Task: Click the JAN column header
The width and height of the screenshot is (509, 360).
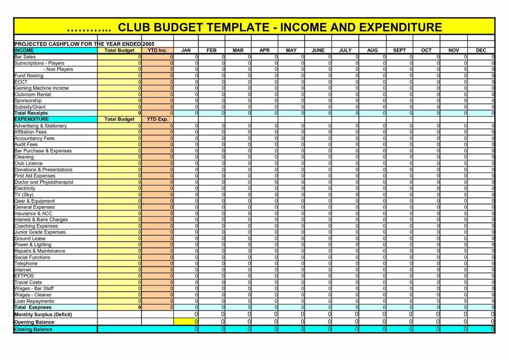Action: tap(186, 50)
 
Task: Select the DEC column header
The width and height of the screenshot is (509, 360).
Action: tap(481, 50)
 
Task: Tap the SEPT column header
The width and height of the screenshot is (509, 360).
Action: tap(399, 50)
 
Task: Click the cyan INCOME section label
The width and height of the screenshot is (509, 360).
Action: tap(24, 50)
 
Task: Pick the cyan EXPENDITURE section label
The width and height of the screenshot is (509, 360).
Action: tap(32, 119)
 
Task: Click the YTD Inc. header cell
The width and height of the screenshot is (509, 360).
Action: tap(157, 50)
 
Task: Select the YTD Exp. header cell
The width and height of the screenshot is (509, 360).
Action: tap(157, 119)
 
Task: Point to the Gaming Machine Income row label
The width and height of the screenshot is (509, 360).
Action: tap(41, 88)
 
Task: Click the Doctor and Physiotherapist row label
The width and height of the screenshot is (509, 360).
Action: tap(44, 182)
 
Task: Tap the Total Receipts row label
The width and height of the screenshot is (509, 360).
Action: tap(31, 113)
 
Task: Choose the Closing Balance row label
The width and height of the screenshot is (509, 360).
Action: tap(33, 330)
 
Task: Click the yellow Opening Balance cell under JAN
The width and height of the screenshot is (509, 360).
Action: tap(186, 322)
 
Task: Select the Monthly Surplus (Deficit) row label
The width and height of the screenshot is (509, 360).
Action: tap(43, 314)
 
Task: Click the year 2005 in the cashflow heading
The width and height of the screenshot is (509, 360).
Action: tap(148, 44)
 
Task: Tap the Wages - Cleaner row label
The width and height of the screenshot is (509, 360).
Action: tap(33, 295)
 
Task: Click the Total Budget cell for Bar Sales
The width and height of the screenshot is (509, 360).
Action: tap(119, 57)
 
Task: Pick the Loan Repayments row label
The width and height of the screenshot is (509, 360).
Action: tap(34, 301)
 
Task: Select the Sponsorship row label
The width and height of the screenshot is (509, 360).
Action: tap(28, 101)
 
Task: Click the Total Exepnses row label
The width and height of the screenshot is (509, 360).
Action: tap(33, 307)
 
